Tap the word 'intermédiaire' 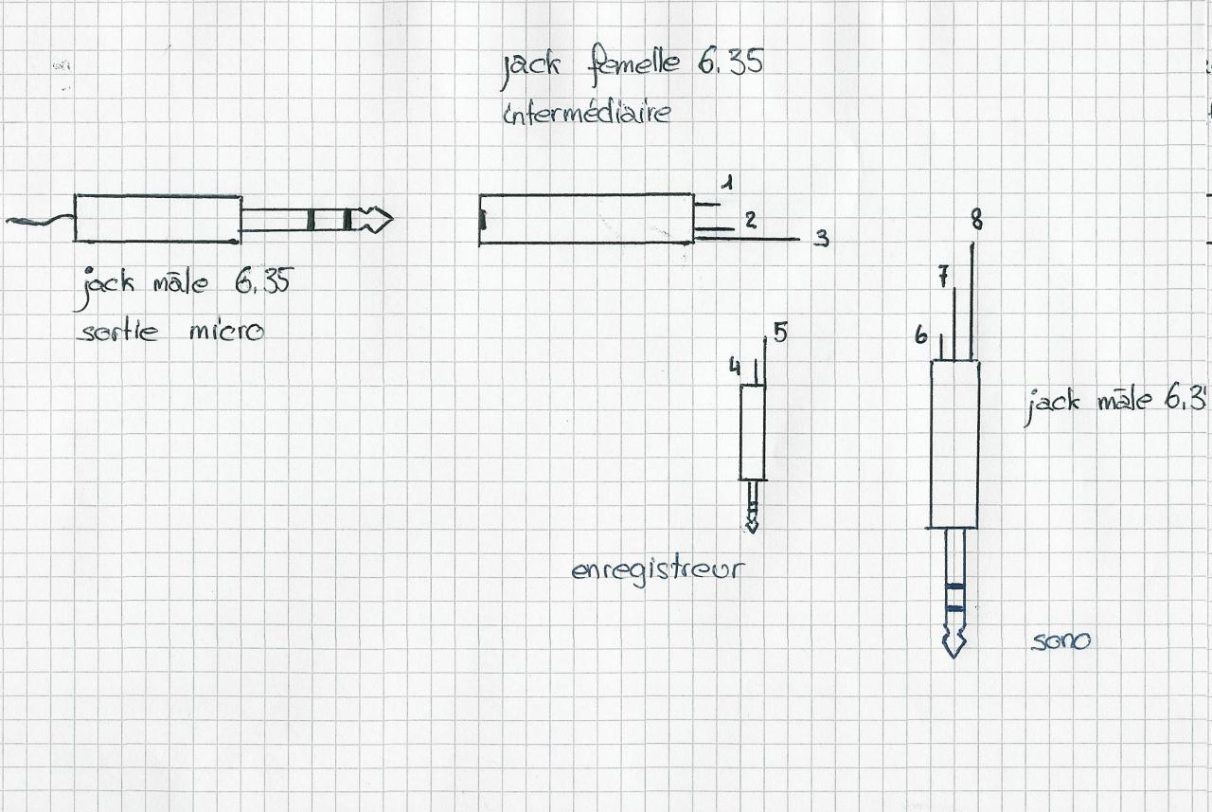tap(586, 112)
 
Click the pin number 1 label tap(726, 182)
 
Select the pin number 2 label tap(750, 220)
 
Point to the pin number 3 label tap(822, 239)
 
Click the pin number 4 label tap(735, 365)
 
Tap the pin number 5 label tap(779, 332)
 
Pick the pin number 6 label tap(920, 334)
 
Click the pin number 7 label tap(943, 276)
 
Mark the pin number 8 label tap(976, 221)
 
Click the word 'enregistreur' tap(657, 570)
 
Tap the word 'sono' tap(1060, 641)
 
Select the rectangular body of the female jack tap(586, 220)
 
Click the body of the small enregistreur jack tap(753, 432)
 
